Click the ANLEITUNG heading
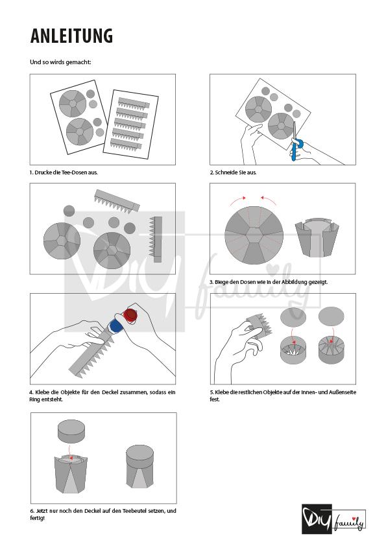71,36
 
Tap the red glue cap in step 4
131,314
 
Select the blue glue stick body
114,327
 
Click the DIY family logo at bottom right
333,519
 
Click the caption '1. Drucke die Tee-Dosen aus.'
64,172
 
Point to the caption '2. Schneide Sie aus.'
233,172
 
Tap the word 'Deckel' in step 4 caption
111,392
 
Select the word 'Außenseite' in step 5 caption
343,392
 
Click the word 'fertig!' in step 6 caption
38,518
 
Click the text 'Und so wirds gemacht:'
60,62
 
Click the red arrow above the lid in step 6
70,452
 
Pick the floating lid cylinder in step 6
71,431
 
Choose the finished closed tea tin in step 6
139,467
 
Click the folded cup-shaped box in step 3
317,238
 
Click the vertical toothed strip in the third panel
156,239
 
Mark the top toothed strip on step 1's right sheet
134,103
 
